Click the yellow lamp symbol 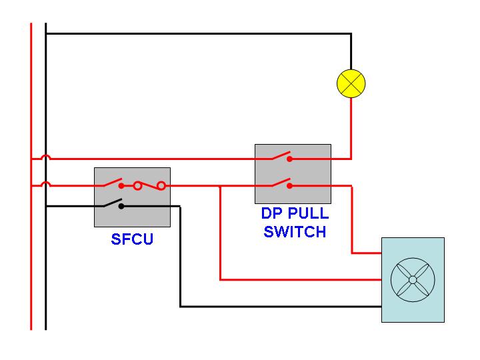[351, 84]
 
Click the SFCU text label [132, 239]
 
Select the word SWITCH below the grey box [295, 232]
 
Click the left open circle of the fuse [137, 186]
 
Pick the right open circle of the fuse [161, 186]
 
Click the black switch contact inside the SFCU [121, 206]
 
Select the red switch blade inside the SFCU [113, 183]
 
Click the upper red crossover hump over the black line [45, 158]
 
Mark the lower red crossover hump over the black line [45, 185]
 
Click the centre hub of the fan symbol [412, 280]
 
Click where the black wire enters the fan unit [381, 307]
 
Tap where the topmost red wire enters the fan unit [381, 253]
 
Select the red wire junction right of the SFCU [220, 187]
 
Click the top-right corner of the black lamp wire [351, 33]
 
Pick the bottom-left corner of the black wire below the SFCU [180, 307]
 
